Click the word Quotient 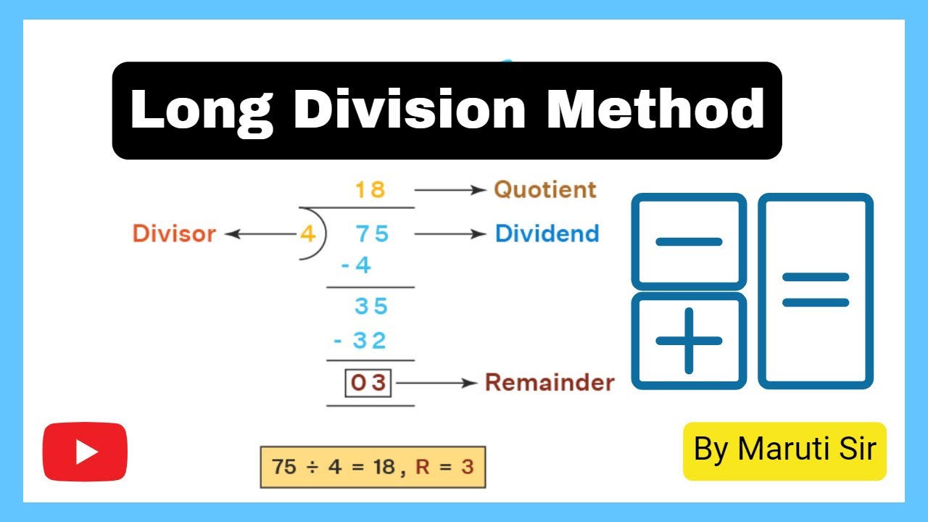tap(545, 190)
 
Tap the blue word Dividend tap(547, 233)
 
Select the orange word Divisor tap(174, 234)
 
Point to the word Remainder tap(549, 382)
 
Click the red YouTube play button tap(85, 452)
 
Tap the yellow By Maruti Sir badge tap(784, 450)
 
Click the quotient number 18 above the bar tap(370, 190)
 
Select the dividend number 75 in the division tap(372, 233)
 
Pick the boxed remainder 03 tap(368, 383)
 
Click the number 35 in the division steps tap(371, 306)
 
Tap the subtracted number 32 tap(369, 340)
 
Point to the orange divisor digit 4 tap(307, 234)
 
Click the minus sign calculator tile tap(689, 241)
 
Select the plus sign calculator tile tap(689, 341)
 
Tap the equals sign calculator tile tap(816, 290)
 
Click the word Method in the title tap(655, 110)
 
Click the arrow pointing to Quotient tap(449, 190)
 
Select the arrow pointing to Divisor tap(261, 234)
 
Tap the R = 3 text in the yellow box tap(444, 466)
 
